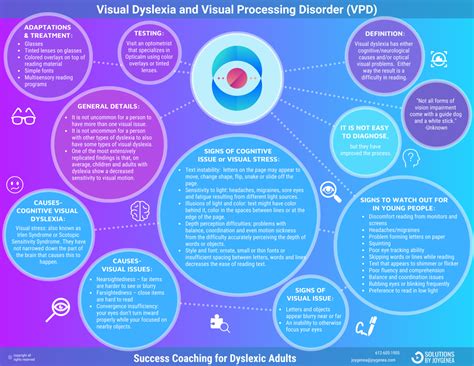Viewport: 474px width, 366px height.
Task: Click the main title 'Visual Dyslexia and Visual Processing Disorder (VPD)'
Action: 237,9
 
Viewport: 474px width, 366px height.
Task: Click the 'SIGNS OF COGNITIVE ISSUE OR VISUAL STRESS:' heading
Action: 233,157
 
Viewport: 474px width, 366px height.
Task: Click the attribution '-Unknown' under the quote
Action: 435,126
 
